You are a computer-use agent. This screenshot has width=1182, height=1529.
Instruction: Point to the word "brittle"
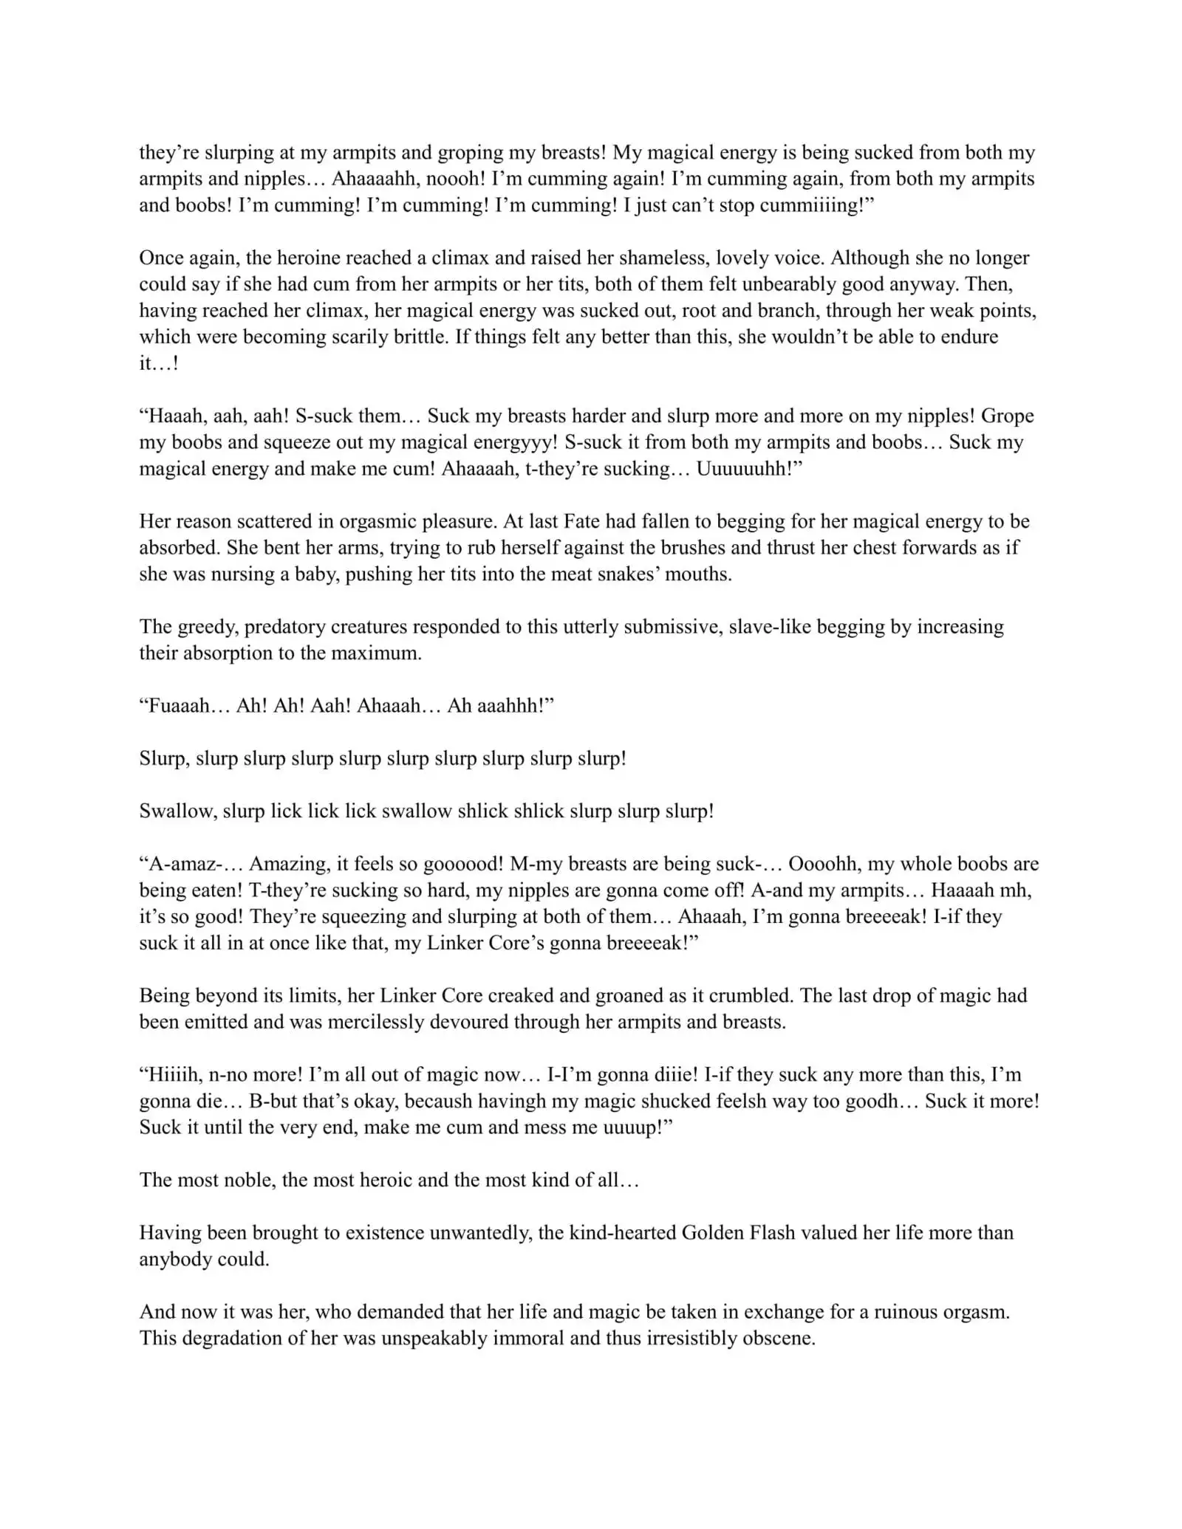click(418, 337)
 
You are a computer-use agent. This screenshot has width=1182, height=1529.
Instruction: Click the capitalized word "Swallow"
click(176, 811)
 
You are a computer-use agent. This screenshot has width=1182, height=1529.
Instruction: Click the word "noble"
click(247, 1180)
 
